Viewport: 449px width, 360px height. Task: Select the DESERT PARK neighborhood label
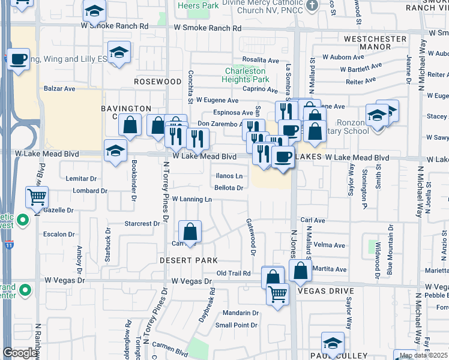(188, 260)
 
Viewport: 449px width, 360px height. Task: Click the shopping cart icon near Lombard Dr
(37, 196)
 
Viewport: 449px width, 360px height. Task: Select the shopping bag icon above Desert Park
(190, 231)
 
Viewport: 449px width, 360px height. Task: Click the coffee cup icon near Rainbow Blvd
(19, 59)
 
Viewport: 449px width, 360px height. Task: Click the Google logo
(19, 353)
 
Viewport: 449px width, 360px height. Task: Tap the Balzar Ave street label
(59, 88)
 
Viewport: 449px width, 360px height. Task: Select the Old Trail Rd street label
(233, 274)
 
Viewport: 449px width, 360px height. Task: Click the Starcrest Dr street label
(142, 223)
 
